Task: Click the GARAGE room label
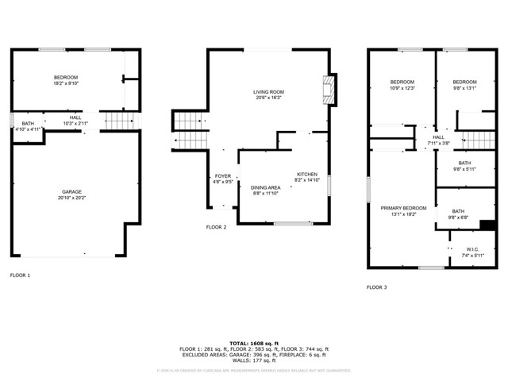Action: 72,191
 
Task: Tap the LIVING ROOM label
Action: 268,92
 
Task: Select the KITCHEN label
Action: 307,174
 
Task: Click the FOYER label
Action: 223,176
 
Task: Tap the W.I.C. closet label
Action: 473,250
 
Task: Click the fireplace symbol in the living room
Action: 329,90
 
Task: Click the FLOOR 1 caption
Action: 20,275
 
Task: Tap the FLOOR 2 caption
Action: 216,227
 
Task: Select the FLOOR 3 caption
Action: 376,287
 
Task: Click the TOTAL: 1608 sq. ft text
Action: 253,342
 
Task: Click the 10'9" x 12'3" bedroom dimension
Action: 402,88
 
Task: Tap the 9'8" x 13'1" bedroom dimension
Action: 464,88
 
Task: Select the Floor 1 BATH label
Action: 28,124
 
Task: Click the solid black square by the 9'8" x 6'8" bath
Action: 488,225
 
